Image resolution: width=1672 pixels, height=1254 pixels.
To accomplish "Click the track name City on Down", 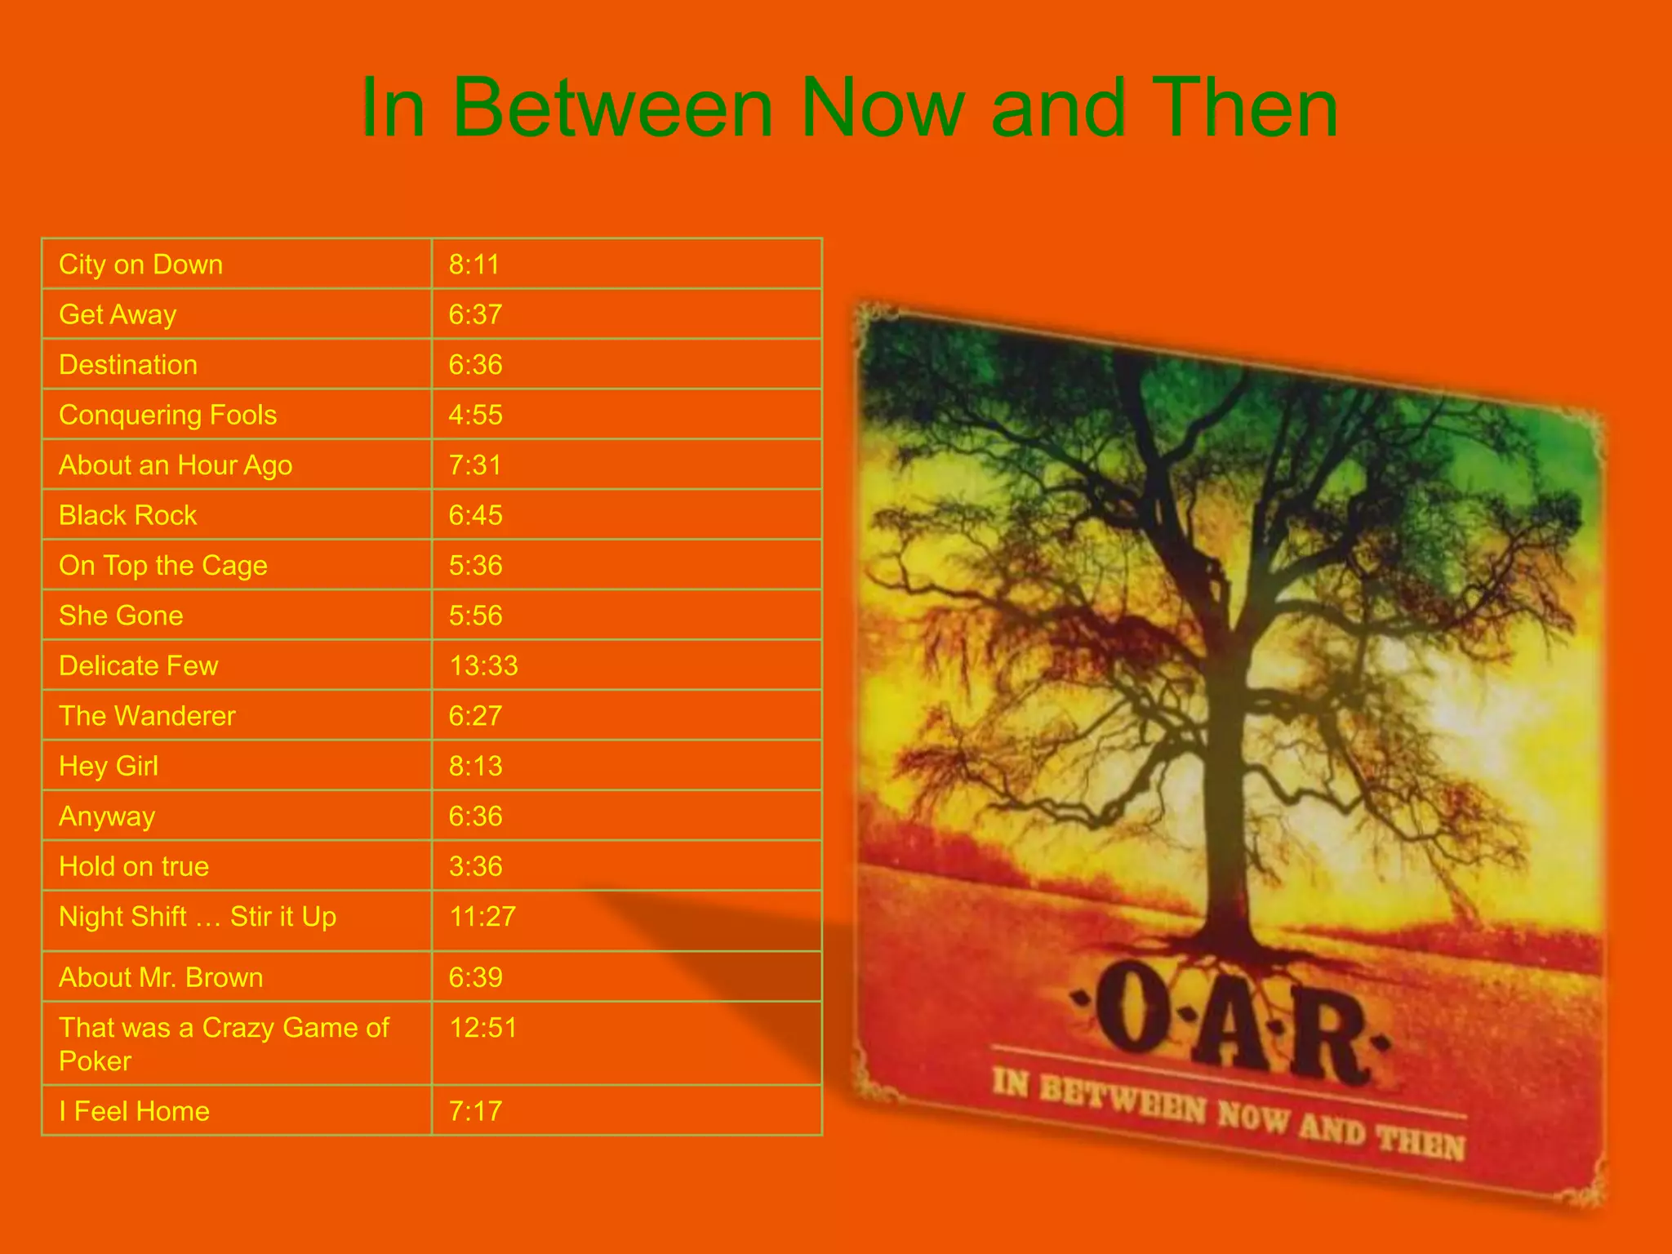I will coord(140,265).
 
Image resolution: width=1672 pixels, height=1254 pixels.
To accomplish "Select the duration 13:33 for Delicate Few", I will coord(483,666).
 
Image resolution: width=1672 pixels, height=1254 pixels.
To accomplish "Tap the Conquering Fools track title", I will coord(167,416).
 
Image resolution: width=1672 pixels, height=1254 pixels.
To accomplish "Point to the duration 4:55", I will coord(475,416).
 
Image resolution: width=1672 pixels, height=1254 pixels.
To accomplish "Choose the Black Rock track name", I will coord(128,516).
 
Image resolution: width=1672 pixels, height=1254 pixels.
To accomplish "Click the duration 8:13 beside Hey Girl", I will coord(475,767).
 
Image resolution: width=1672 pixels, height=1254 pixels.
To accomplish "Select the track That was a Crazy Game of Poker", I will coord(224,1044).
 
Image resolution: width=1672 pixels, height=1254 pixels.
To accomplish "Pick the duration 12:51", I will coord(483,1028).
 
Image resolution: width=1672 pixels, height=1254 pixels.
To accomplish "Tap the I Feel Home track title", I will coord(134,1112).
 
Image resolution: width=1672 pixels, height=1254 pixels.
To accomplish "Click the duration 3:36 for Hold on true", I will coord(475,867).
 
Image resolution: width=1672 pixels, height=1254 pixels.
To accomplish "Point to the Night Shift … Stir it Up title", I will coord(198,917).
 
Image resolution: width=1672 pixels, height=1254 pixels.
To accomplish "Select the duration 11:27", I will coord(482,917).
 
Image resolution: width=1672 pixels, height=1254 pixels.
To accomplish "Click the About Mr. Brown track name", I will coord(161,978).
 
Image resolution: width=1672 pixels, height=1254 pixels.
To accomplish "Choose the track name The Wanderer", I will coord(147,717).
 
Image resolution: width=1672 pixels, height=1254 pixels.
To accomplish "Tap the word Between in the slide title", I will coord(612,109).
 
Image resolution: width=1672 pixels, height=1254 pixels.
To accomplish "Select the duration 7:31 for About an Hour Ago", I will coord(474,465).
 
